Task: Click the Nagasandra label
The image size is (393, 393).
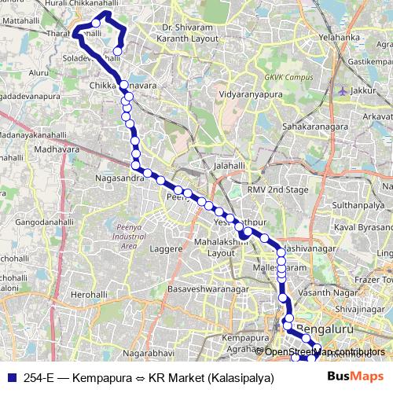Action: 119,178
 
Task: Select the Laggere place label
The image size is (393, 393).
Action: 165,248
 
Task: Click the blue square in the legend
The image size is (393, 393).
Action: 10,376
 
